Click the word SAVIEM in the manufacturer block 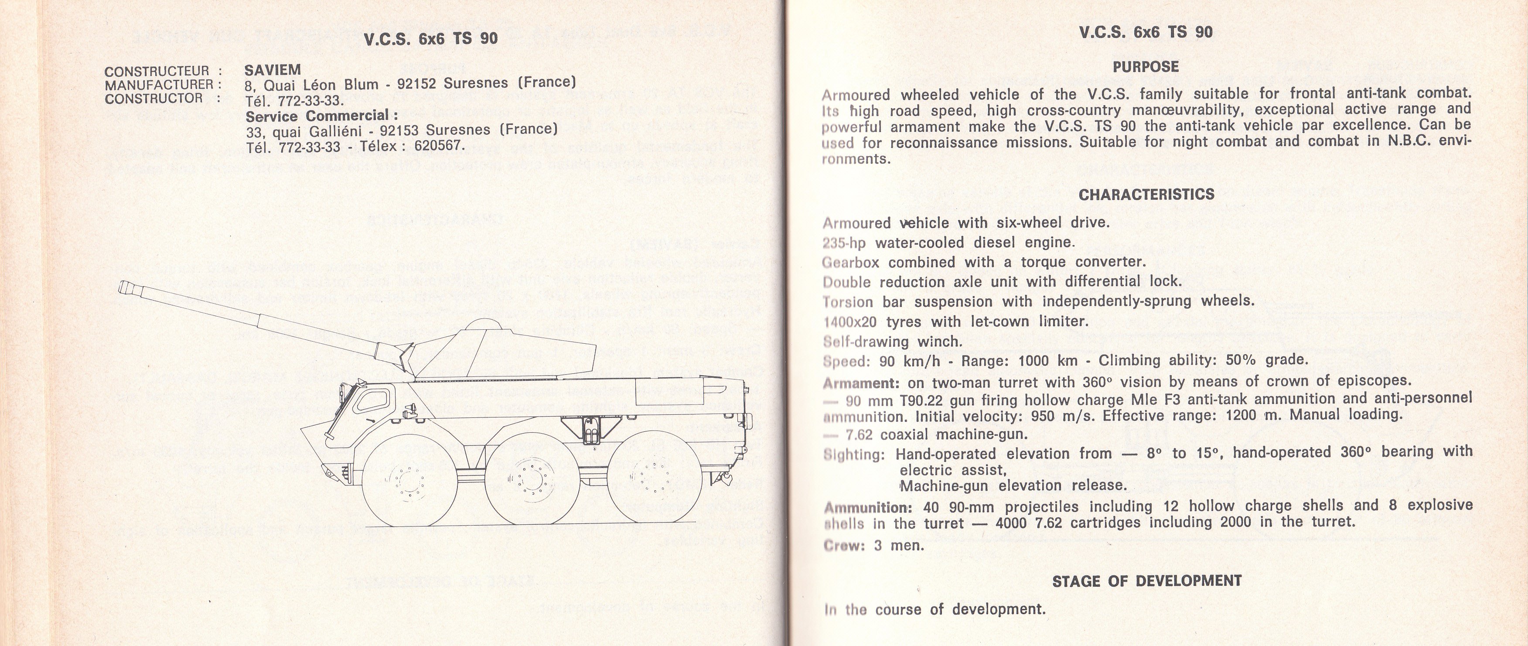click(273, 70)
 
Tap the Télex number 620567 click(439, 145)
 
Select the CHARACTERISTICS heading click(1146, 195)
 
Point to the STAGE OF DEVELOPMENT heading click(1146, 581)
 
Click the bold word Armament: click(853, 382)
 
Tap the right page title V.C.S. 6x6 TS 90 click(1146, 32)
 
